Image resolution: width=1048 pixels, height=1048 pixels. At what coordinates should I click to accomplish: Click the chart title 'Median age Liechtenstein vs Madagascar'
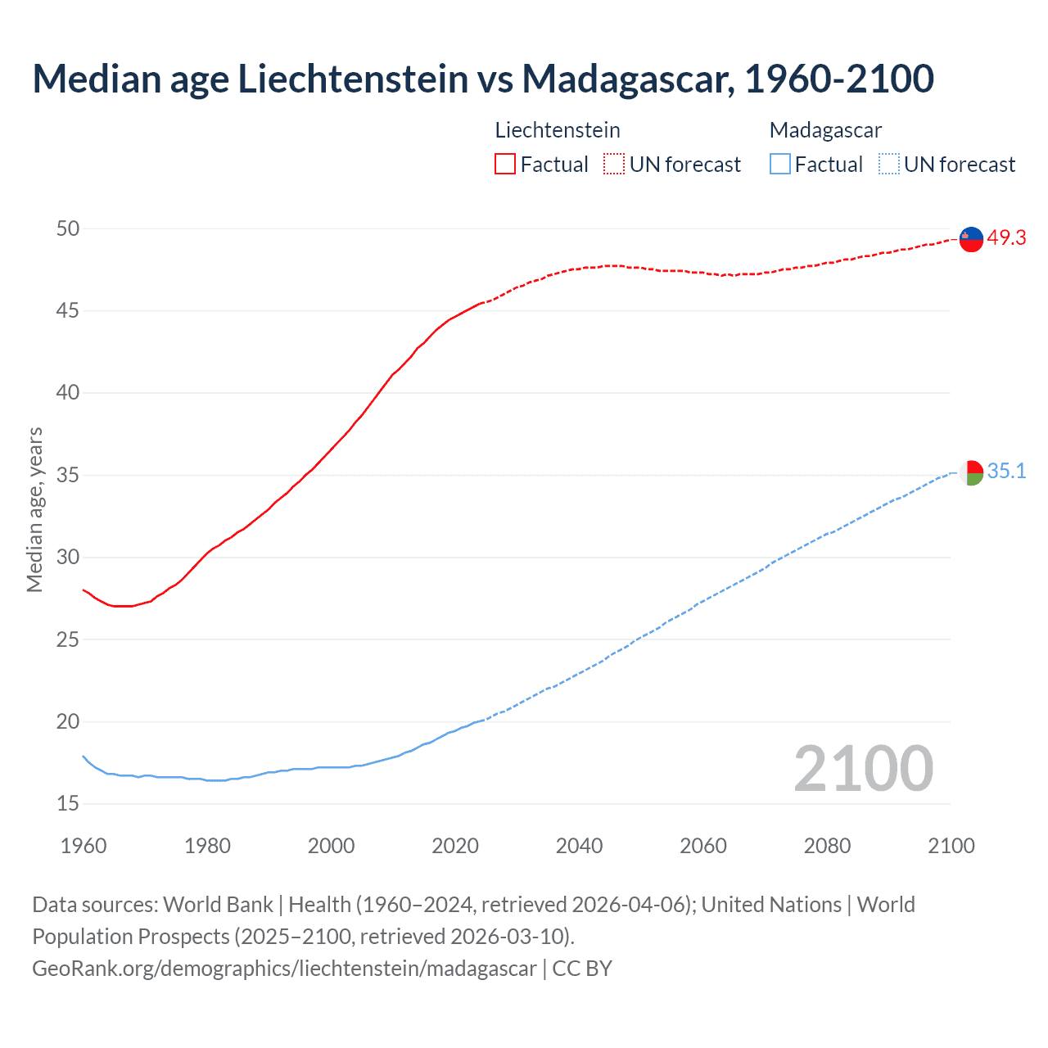click(x=483, y=79)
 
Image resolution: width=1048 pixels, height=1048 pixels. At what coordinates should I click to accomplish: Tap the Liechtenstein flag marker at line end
click(x=971, y=238)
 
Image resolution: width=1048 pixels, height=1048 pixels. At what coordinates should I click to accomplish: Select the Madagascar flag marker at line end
click(x=971, y=472)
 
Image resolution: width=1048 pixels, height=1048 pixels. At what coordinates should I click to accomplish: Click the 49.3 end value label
click(x=1006, y=237)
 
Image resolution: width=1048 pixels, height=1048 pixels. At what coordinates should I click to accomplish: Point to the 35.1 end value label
click(x=1006, y=471)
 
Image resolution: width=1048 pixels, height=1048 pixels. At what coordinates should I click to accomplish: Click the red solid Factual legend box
click(x=505, y=165)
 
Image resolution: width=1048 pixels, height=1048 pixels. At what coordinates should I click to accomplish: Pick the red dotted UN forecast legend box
click(x=614, y=165)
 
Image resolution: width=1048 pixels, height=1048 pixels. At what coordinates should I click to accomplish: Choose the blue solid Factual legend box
click(x=779, y=165)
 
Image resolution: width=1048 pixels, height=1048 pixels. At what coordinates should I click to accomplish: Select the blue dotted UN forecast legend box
click(x=888, y=165)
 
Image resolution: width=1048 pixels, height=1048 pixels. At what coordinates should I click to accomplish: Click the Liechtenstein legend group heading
click(x=558, y=130)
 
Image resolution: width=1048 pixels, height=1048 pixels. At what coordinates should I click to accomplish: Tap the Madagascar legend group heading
click(x=825, y=130)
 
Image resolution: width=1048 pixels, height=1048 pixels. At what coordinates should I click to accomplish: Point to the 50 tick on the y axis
click(x=68, y=228)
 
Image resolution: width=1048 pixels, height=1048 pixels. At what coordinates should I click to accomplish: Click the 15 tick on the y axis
click(x=68, y=804)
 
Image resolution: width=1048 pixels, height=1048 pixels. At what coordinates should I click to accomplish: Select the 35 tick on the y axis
click(x=68, y=475)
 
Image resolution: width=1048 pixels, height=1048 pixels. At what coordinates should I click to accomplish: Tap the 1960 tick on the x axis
click(x=84, y=846)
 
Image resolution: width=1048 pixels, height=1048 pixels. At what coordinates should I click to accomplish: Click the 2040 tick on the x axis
click(x=579, y=846)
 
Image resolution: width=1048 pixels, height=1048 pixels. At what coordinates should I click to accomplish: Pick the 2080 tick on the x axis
click(x=827, y=846)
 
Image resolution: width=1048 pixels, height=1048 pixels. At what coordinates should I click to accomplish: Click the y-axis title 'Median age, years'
click(x=34, y=509)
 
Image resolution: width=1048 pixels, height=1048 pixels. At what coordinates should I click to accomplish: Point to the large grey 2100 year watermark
click(x=863, y=768)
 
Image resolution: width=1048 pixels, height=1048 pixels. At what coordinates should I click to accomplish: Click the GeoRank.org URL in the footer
click(x=284, y=968)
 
